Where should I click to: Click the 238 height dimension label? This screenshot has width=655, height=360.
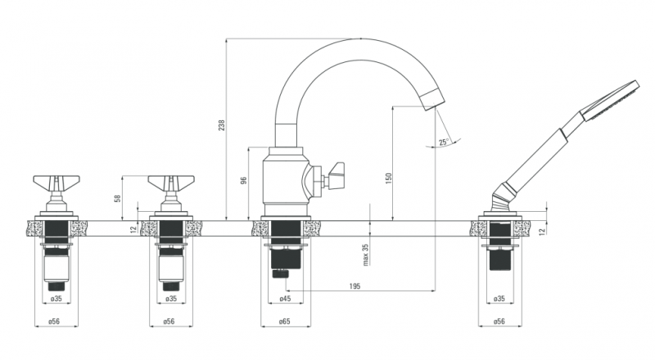click(221, 125)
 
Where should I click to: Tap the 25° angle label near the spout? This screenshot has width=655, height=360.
click(444, 142)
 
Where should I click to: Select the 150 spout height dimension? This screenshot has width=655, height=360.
click(388, 178)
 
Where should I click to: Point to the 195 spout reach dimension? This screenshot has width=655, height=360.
click(355, 286)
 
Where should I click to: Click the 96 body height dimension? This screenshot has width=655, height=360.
click(244, 181)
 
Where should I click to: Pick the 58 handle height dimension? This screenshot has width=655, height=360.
click(118, 198)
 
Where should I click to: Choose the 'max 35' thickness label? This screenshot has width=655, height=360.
click(366, 254)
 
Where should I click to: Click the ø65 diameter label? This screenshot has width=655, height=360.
click(285, 322)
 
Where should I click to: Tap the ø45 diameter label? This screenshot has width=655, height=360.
click(285, 299)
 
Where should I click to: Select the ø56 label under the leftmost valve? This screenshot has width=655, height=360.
click(54, 322)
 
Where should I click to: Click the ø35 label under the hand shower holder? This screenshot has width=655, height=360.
click(499, 299)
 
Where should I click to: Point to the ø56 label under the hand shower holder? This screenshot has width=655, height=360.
click(499, 322)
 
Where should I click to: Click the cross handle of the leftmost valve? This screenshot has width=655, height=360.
click(56, 182)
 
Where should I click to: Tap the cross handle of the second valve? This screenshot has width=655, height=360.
click(171, 182)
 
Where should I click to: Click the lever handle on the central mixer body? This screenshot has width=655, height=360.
click(336, 175)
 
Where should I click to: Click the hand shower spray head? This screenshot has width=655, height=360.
click(610, 101)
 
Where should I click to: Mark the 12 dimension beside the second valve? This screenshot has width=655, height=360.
click(133, 228)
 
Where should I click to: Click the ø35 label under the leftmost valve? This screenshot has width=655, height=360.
click(56, 299)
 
